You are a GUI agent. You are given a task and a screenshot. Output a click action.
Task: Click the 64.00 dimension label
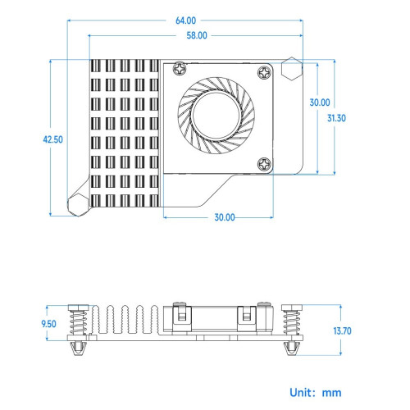(185, 20)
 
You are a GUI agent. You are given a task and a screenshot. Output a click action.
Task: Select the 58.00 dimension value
(197, 35)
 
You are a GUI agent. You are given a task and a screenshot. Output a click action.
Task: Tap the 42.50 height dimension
(52, 139)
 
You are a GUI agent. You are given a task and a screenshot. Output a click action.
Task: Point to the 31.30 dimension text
(336, 118)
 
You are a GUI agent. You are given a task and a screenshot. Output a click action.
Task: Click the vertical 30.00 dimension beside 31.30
(320, 102)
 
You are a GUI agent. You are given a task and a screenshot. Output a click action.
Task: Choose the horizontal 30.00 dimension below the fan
(225, 217)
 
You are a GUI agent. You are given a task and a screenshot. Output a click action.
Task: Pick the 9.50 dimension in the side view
(48, 324)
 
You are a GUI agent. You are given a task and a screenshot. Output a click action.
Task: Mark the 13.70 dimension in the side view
(342, 331)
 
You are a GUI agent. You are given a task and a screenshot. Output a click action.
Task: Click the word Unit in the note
(300, 393)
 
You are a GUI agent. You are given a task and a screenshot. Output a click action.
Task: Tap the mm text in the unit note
(331, 394)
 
